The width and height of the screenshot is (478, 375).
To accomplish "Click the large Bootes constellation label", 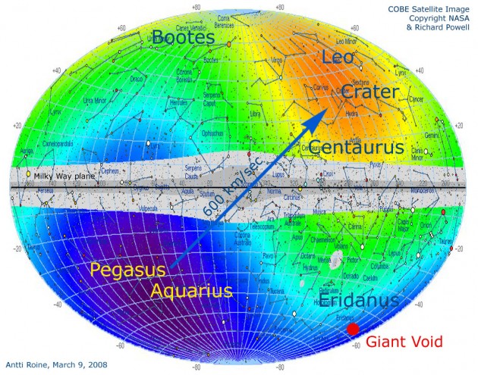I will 190,36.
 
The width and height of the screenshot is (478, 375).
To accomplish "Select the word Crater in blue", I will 370,92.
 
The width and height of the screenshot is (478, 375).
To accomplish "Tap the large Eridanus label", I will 358,302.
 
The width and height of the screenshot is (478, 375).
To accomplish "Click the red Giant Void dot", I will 353,330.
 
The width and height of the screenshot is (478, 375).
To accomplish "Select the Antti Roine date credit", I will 57,365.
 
